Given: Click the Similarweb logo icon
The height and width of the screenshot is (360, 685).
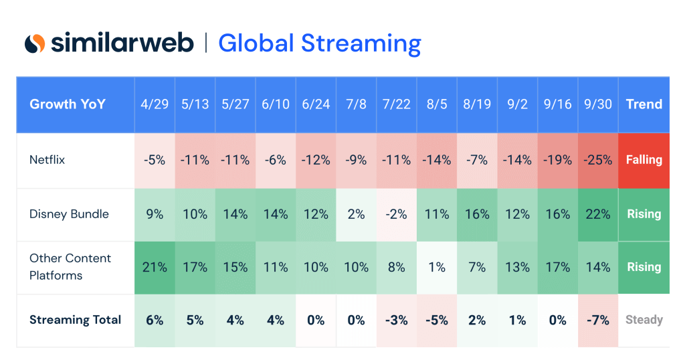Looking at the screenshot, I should coord(34,43).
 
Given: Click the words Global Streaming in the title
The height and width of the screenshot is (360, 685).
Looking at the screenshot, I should coord(319,43).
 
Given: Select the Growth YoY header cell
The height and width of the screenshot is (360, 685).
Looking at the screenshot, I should coord(68,104).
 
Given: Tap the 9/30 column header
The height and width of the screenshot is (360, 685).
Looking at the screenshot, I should coord(597,104).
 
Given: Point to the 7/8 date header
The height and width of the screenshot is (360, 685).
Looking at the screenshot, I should coord(356,104).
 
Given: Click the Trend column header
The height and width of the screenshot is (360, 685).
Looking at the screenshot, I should coord(644,104).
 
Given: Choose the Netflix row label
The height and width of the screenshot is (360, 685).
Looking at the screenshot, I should coord(47,160).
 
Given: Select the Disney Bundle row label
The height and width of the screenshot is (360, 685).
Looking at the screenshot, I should coord(69,214).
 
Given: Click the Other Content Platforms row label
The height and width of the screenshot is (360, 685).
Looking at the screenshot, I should coord(70,267).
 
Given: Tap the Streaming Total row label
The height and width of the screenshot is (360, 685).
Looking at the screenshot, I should coord(75,320).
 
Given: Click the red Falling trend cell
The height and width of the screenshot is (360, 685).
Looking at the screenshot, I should coord(644,160).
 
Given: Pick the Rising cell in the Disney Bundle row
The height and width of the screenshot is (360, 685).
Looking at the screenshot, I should coord(644,214).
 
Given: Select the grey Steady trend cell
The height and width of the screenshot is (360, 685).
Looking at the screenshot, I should coord(644,320).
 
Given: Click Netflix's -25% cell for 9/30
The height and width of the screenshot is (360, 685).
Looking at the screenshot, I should coord(597,160).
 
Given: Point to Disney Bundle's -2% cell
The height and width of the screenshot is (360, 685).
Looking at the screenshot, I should coord(396,214).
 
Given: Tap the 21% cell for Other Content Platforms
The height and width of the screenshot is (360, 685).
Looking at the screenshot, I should coord(155,267).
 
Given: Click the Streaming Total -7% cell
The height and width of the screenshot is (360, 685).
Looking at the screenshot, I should coord(597,320).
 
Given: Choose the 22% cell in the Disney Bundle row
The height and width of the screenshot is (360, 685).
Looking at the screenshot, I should coord(597,214).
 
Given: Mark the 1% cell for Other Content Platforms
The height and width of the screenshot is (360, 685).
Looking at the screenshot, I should coord(436,267).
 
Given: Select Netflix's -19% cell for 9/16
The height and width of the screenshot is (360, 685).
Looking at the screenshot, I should coord(557,160).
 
